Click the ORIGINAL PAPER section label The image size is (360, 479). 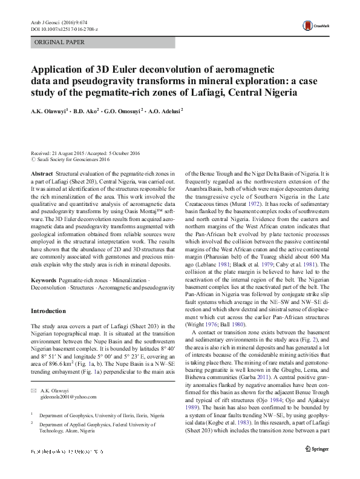pyautogui.click(x=59, y=42)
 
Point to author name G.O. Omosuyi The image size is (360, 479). pyautogui.click(x=123, y=111)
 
